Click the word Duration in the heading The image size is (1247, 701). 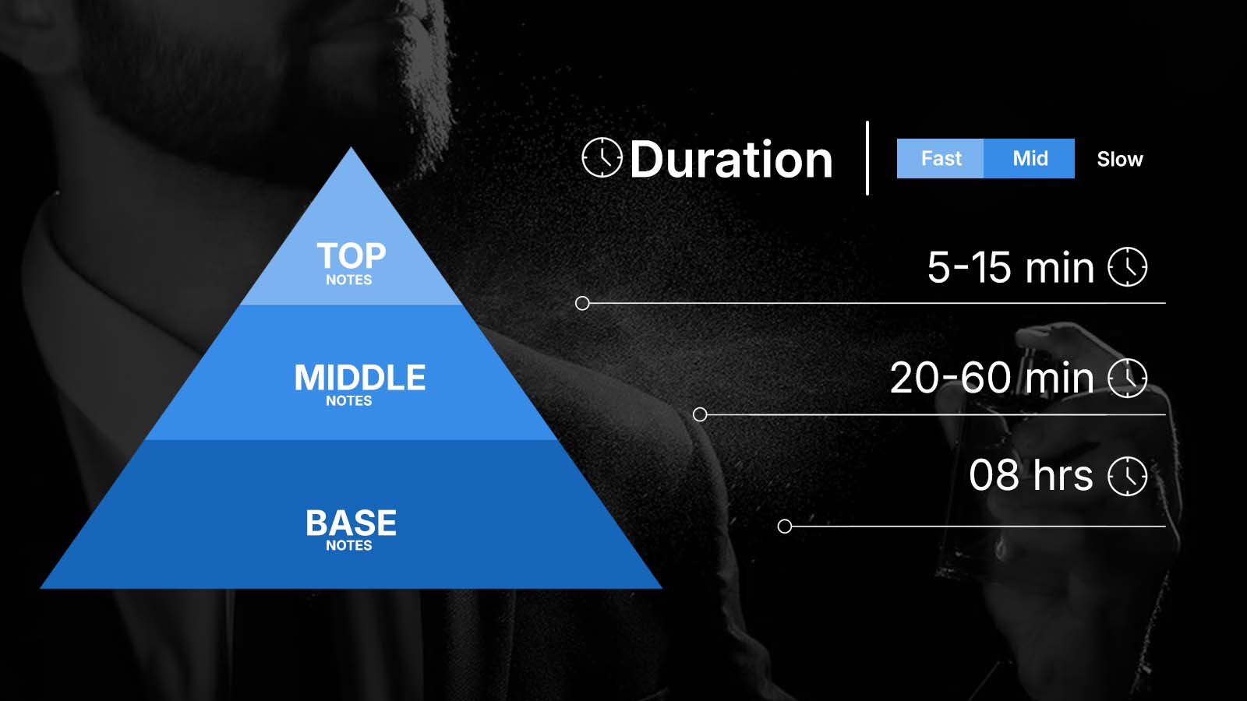click(731, 160)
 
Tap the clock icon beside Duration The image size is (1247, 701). click(602, 157)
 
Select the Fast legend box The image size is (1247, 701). click(940, 159)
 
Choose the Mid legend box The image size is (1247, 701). click(1030, 159)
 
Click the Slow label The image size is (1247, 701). click(1119, 160)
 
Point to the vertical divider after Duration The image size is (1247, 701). click(867, 158)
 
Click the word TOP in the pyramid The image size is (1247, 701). click(351, 255)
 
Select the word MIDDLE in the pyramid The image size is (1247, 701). click(360, 377)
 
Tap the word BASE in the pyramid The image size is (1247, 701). click(351, 523)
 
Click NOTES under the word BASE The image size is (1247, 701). click(349, 546)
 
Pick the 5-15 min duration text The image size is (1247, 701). click(1010, 268)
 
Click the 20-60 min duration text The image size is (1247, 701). click(992, 379)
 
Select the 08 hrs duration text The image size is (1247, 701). click(1031, 475)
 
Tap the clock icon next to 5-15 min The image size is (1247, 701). click(1127, 267)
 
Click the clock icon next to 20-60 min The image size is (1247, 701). click(1127, 379)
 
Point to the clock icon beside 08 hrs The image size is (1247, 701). click(1127, 476)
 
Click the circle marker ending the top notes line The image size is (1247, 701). click(582, 303)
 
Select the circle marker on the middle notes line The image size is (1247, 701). click(700, 414)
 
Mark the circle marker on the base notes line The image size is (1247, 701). click(784, 527)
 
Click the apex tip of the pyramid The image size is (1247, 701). click(351, 147)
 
